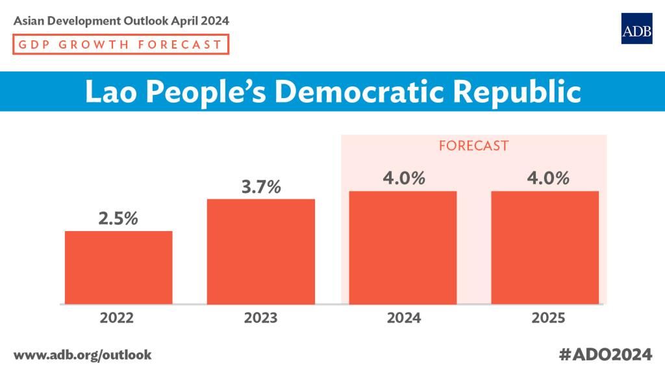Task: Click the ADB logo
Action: pyautogui.click(x=636, y=29)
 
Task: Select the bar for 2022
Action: pyautogui.click(x=119, y=268)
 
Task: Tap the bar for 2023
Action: pyautogui.click(x=261, y=251)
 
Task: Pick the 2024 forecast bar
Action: pyautogui.click(x=403, y=247)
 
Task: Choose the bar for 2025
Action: pyautogui.click(x=545, y=247)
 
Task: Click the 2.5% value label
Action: pyautogui.click(x=118, y=218)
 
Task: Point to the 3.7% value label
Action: pyautogui.click(x=261, y=186)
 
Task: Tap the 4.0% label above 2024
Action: pyautogui.click(x=404, y=178)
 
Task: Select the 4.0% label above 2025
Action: pyautogui.click(x=548, y=178)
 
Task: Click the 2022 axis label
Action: pyautogui.click(x=117, y=318)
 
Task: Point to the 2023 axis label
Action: pyautogui.click(x=260, y=318)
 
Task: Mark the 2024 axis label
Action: pyautogui.click(x=404, y=318)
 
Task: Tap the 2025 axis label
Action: pyautogui.click(x=548, y=318)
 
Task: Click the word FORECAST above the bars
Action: pyautogui.click(x=473, y=146)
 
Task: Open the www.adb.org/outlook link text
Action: pyautogui.click(x=82, y=355)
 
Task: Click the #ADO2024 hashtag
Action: pyautogui.click(x=605, y=355)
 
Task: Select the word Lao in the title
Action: pyautogui.click(x=111, y=92)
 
